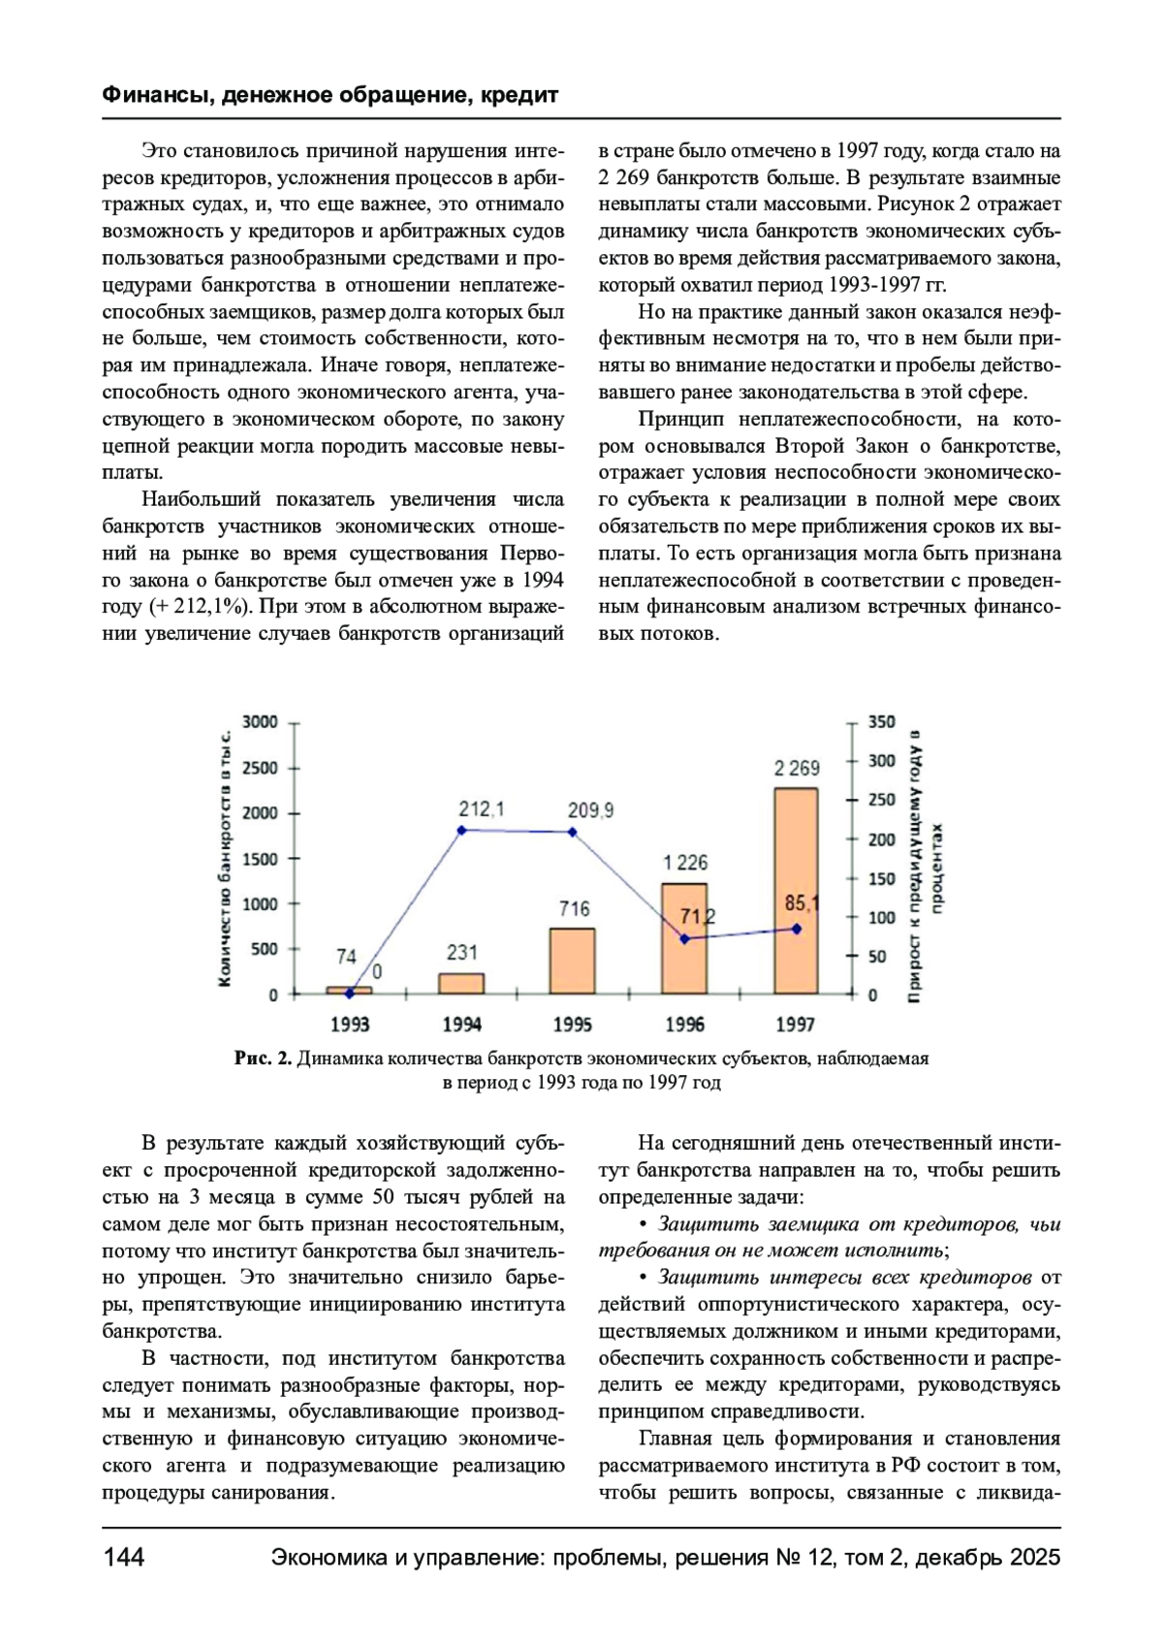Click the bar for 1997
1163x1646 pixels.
[x=796, y=890]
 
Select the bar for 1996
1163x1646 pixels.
[x=684, y=937]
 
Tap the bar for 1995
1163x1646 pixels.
[x=572, y=961]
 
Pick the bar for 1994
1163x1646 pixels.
[x=461, y=983]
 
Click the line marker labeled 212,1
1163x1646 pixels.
[x=461, y=830]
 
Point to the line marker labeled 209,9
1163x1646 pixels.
[x=573, y=832]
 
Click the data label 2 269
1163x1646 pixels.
[x=797, y=768]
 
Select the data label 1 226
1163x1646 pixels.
[x=685, y=862]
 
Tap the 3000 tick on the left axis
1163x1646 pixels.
[x=260, y=722]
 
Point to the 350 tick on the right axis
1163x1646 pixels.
[x=881, y=722]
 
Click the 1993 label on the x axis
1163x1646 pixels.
[x=350, y=1025]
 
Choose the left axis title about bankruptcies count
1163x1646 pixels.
[x=225, y=858]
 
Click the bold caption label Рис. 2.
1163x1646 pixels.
[x=263, y=1059]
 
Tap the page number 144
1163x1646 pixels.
[x=123, y=1557]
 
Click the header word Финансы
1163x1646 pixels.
[x=157, y=95]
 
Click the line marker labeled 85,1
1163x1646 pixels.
[x=797, y=929]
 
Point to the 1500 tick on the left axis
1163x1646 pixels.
[x=260, y=859]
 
